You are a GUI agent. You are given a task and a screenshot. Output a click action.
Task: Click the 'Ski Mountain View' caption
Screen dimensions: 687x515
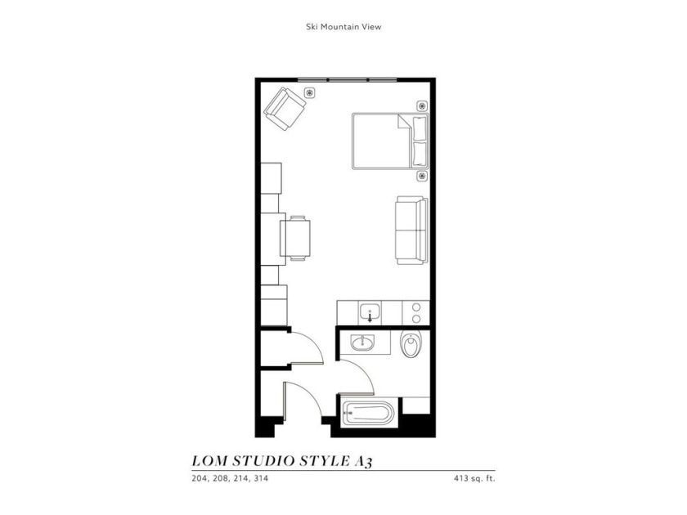[343, 27]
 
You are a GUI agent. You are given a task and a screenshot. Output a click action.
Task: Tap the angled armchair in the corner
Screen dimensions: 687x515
[285, 109]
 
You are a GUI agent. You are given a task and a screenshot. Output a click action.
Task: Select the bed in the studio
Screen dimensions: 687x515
[390, 141]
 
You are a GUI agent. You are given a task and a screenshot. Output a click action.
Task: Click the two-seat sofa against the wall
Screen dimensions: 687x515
[411, 231]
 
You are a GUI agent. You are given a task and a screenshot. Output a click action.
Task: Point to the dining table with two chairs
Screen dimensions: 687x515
[295, 238]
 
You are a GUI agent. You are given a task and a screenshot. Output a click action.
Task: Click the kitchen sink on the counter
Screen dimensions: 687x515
[370, 313]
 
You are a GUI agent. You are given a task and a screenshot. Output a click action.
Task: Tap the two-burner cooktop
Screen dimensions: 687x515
[415, 313]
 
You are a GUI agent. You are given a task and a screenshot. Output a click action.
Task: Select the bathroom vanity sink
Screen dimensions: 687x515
[362, 343]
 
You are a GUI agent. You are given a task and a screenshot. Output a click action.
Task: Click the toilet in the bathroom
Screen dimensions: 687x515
[411, 344]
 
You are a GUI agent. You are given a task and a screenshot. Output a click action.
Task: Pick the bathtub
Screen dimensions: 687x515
[368, 414]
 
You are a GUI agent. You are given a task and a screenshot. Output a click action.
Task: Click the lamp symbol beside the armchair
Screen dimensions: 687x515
[310, 93]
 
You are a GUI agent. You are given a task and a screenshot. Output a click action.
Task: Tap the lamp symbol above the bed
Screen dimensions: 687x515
[422, 106]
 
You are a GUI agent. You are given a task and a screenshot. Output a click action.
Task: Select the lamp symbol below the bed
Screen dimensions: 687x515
[422, 176]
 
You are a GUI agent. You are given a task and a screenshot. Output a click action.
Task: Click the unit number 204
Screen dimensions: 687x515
[199, 479]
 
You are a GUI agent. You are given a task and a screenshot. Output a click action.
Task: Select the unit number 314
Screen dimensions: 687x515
[261, 479]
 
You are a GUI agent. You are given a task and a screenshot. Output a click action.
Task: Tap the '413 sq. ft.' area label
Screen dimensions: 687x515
[474, 479]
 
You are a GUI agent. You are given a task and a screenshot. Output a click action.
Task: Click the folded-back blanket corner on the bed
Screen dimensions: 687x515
[403, 122]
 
